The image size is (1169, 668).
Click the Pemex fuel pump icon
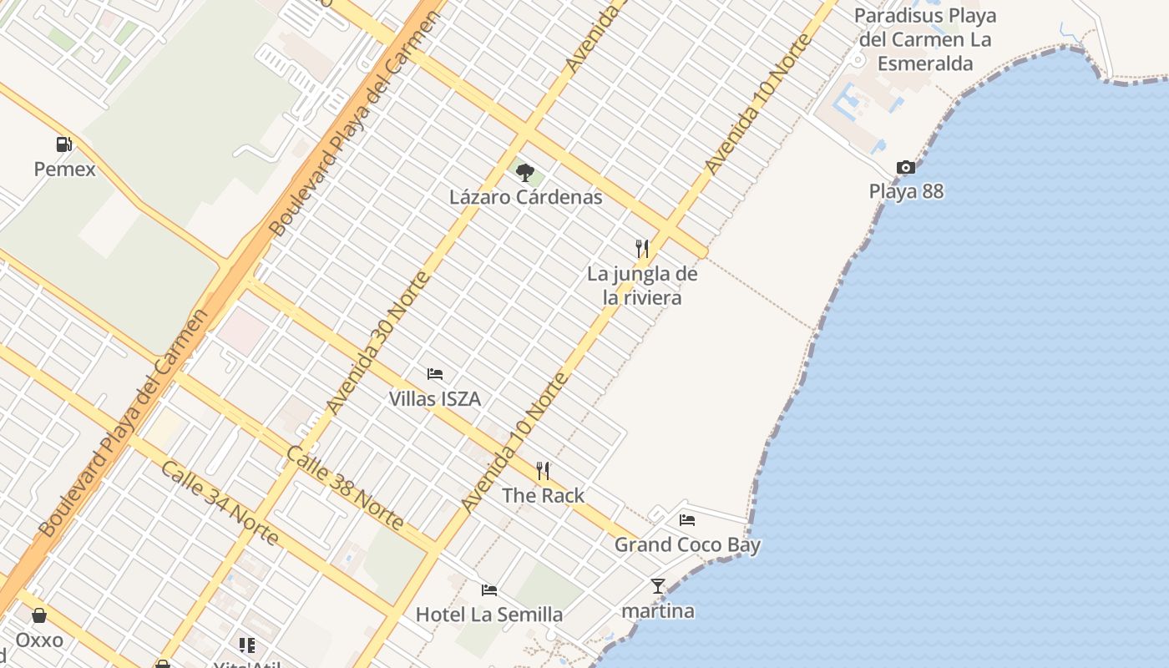tap(64, 144)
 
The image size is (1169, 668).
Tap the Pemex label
tap(64, 170)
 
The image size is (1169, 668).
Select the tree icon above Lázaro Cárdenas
tap(525, 173)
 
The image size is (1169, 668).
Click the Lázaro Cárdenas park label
tap(526, 198)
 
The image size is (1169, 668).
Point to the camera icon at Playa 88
tap(906, 168)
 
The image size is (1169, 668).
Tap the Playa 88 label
tap(906, 191)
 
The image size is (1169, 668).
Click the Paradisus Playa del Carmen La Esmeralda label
tap(925, 39)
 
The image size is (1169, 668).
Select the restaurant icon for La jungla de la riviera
tap(642, 248)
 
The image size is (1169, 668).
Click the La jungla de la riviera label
tap(642, 286)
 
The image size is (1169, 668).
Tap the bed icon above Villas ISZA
tap(435, 374)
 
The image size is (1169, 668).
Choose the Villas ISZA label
tap(435, 399)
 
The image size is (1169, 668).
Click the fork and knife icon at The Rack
tap(544, 471)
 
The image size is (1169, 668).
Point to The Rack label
tap(544, 496)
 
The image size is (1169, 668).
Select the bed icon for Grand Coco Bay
tap(687, 520)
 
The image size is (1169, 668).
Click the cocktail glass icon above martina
tap(658, 586)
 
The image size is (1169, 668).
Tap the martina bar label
tap(658, 611)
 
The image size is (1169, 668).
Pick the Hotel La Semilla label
tap(489, 615)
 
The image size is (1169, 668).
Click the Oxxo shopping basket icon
tap(39, 616)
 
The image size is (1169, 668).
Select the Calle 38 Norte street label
tap(345, 488)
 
